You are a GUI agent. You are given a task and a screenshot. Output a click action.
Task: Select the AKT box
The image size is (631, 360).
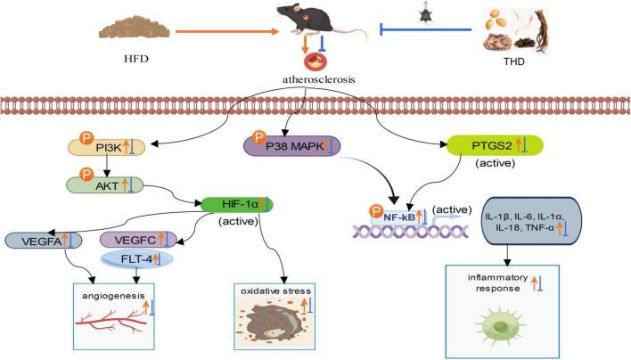coord(106,184)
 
